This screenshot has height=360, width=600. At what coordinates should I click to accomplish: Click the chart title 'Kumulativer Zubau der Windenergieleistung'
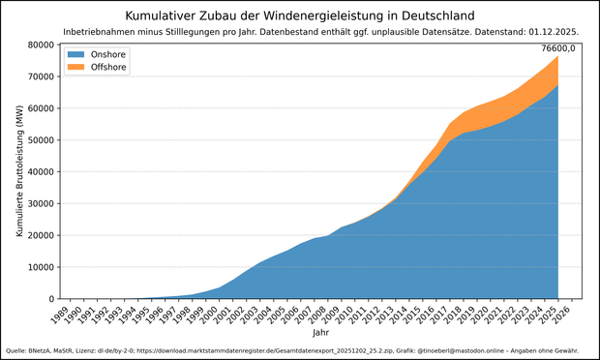300,15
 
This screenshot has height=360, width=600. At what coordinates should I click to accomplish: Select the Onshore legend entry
96,55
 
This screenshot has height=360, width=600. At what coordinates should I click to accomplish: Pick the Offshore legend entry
96,68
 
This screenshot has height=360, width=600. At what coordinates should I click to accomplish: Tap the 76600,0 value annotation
558,47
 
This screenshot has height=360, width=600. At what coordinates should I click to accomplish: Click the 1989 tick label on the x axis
57,315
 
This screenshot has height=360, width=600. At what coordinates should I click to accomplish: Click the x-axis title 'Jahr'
320,333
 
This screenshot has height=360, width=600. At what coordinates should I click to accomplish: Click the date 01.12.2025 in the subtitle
550,33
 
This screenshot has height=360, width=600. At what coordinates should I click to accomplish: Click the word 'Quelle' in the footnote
15,350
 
